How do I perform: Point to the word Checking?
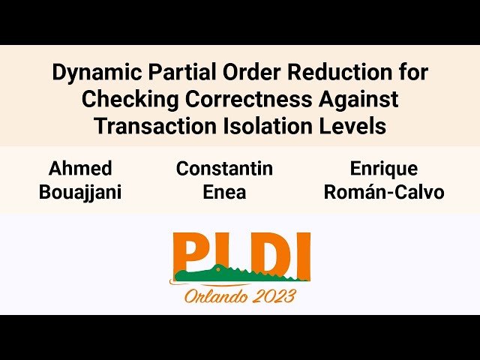point(121,100)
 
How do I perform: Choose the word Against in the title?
point(358,100)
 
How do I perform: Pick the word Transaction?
point(147,126)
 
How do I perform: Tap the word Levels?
point(352,126)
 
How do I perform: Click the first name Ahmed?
point(80,169)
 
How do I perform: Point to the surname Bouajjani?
point(80,192)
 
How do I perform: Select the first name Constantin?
point(224,169)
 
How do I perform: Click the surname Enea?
point(224,192)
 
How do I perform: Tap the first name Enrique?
point(383,169)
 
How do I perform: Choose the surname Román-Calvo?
point(383,192)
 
